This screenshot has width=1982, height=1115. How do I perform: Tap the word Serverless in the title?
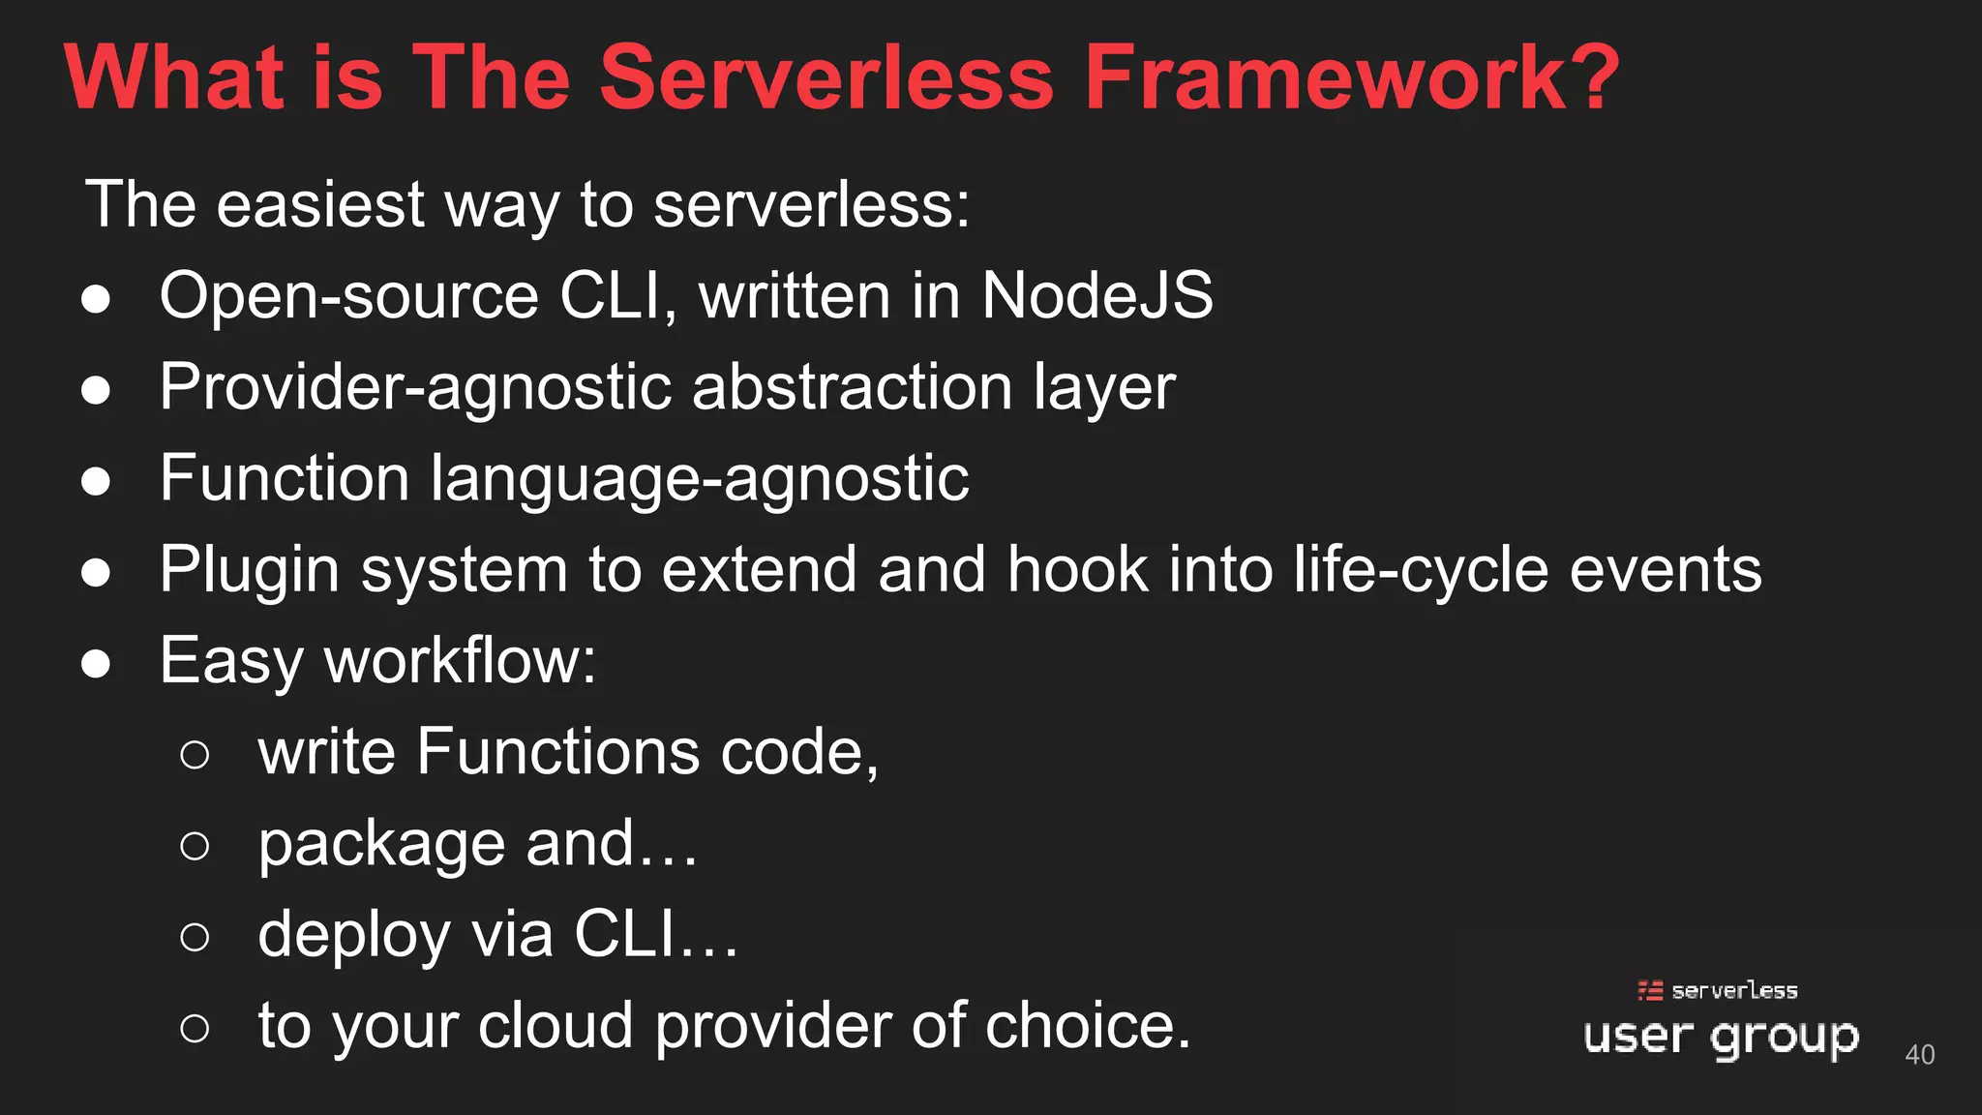(826, 77)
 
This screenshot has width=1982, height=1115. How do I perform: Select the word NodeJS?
(1097, 295)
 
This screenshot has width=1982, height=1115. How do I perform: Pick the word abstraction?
(852, 387)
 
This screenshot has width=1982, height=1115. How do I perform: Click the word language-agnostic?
(699, 479)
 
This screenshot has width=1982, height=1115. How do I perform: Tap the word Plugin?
(249, 570)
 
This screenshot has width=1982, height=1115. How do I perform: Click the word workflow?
(461, 661)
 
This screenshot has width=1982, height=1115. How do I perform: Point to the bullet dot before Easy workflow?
(96, 664)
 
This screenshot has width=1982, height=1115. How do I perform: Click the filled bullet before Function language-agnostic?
(96, 481)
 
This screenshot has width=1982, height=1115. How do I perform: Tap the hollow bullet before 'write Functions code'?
(195, 755)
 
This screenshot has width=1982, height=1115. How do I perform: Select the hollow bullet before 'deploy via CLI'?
(195, 937)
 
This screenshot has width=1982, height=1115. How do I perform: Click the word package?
(381, 845)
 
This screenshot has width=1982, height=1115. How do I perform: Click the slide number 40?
(1920, 1055)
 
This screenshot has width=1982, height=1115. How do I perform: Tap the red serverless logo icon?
(1650, 990)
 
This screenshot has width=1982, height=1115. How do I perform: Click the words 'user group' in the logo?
(1721, 1038)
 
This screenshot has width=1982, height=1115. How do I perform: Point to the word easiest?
(320, 205)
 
